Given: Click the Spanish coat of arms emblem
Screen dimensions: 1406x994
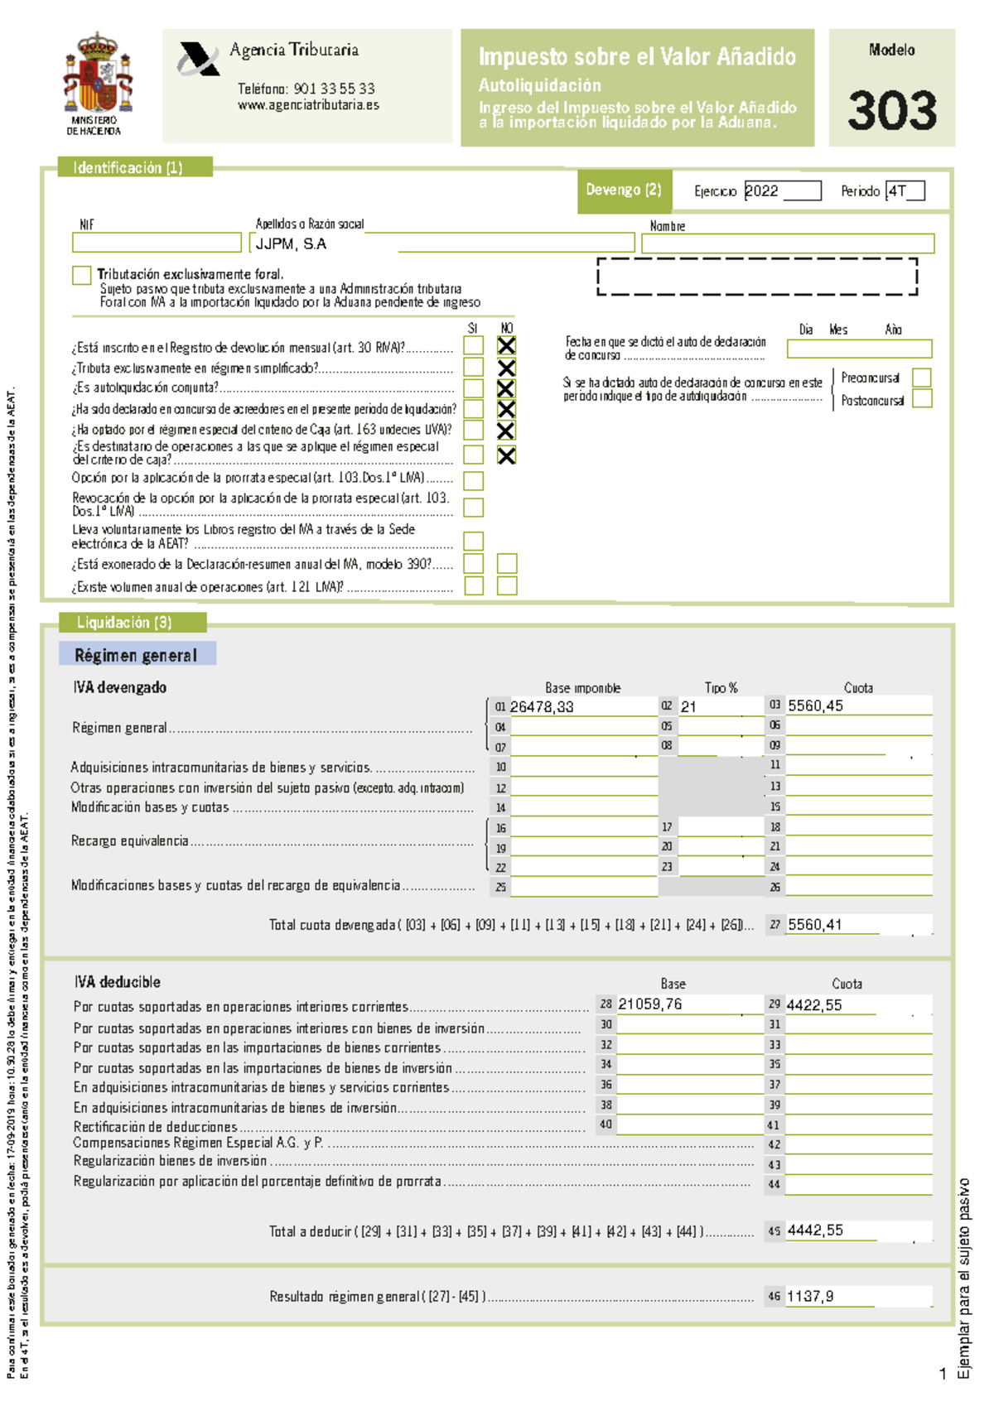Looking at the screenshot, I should coord(98,75).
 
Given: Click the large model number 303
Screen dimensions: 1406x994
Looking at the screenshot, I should coord(892,111).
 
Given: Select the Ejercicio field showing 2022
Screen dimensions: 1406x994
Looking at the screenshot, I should coord(781,191).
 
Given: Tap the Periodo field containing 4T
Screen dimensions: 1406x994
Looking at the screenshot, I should coord(905,191).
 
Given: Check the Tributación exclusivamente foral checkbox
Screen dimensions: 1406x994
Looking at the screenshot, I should coord(81,275).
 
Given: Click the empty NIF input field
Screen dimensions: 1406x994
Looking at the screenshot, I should coord(157,243).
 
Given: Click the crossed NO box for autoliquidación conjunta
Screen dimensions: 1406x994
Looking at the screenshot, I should coord(506,388).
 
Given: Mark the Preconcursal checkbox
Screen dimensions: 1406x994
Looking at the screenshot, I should coord(921,378).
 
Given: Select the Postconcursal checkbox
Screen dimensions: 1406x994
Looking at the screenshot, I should coord(921,399).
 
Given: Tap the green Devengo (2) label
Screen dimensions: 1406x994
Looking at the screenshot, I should coord(624,190).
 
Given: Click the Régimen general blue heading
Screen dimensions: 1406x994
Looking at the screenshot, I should coord(137,655).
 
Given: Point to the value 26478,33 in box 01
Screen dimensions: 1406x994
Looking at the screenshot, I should coord(542,706).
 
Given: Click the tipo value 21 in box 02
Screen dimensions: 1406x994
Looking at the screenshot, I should coord(689,706).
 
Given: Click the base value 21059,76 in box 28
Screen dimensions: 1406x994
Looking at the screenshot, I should coord(650,1004).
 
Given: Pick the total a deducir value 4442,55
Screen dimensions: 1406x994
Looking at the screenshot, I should coord(815,1230).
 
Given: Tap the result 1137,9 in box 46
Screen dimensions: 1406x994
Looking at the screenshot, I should coord(809,1297).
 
